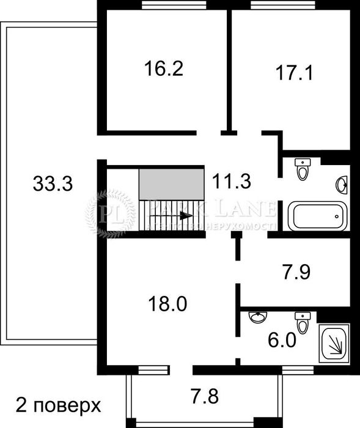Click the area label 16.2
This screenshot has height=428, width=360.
click(164, 68)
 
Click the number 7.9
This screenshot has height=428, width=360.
click(293, 271)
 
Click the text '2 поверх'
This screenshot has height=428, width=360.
click(56, 405)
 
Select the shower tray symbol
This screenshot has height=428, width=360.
click(334, 344)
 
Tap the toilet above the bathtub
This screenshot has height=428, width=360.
click(303, 169)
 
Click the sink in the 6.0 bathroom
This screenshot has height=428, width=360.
click(259, 317)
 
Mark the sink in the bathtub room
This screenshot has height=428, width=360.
click(342, 183)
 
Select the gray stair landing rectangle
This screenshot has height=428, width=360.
click(171, 184)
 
